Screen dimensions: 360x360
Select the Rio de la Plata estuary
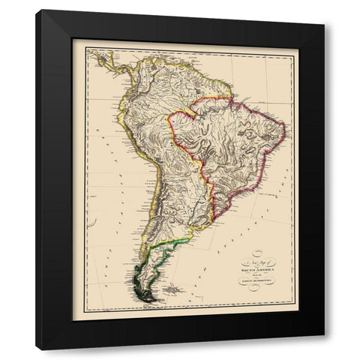197,229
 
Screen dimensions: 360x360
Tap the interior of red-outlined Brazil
232,150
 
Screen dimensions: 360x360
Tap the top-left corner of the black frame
37,10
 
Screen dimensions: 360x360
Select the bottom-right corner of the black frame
324,349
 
